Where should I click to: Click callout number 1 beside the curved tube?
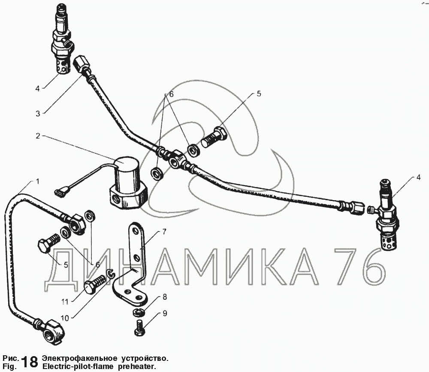37,181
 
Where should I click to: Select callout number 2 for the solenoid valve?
38,136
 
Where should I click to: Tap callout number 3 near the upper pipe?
38,114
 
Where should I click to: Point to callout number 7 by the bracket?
164,232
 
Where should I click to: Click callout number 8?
165,297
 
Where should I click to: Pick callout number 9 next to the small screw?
165,313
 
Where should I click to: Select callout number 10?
65,318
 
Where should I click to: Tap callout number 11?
65,302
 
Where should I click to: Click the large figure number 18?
30,362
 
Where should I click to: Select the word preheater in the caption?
136,366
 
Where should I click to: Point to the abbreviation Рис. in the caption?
10,358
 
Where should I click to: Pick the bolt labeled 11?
95,284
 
